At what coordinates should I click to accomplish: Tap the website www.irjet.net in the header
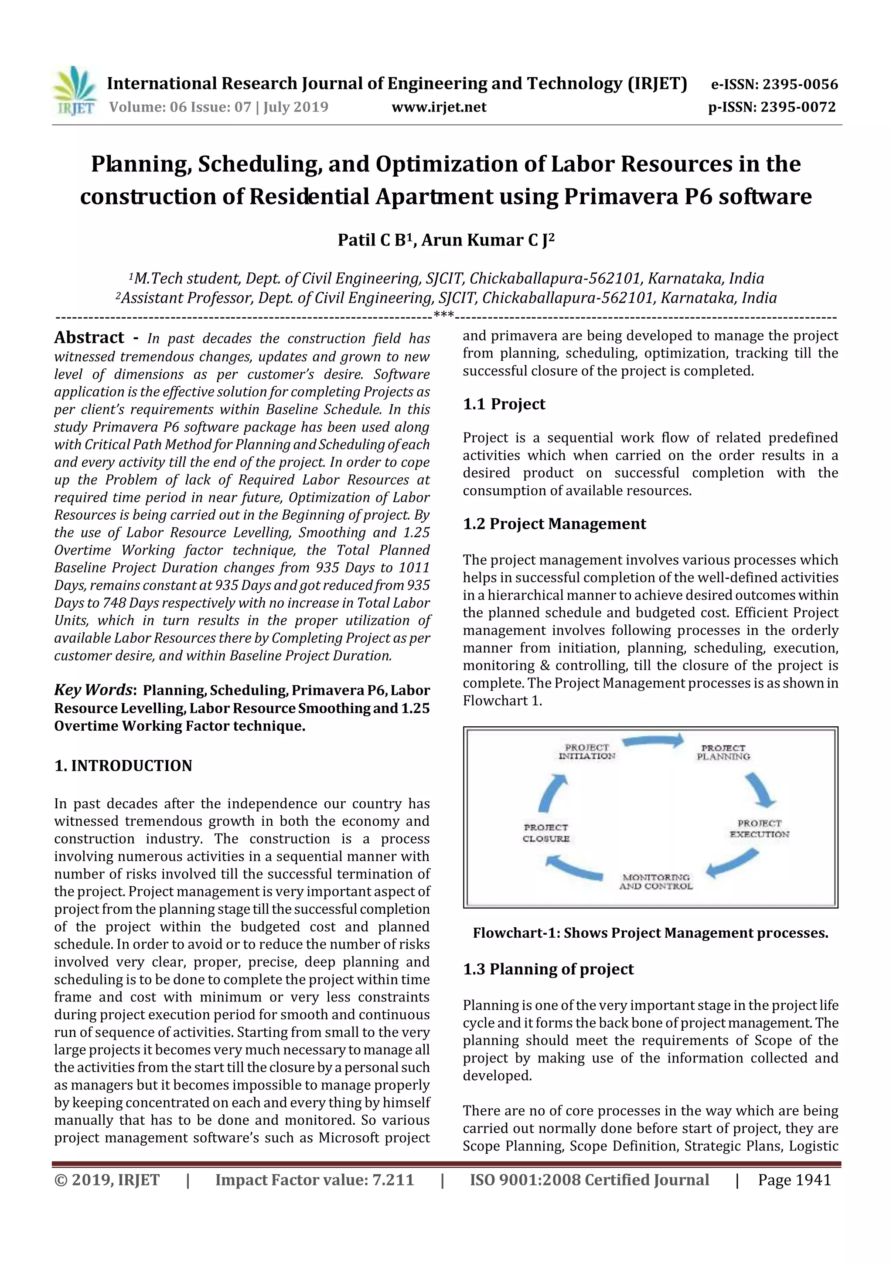tap(439, 107)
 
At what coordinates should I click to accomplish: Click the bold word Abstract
tap(89, 337)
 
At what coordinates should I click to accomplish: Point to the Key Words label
tap(94, 690)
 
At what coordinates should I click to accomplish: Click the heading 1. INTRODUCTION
tap(123, 766)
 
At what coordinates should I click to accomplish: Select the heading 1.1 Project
tap(504, 404)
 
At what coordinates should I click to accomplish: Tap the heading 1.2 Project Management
tap(554, 524)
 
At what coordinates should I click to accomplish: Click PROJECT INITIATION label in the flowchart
tap(586, 752)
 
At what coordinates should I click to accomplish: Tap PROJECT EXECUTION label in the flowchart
tap(759, 828)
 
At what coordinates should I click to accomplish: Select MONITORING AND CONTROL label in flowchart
tap(656, 882)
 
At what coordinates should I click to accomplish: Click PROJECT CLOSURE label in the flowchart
tap(546, 833)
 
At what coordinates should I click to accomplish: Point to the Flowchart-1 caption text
tap(651, 933)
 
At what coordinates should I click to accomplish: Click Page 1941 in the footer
tap(794, 1180)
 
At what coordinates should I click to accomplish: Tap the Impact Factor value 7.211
tap(314, 1180)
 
